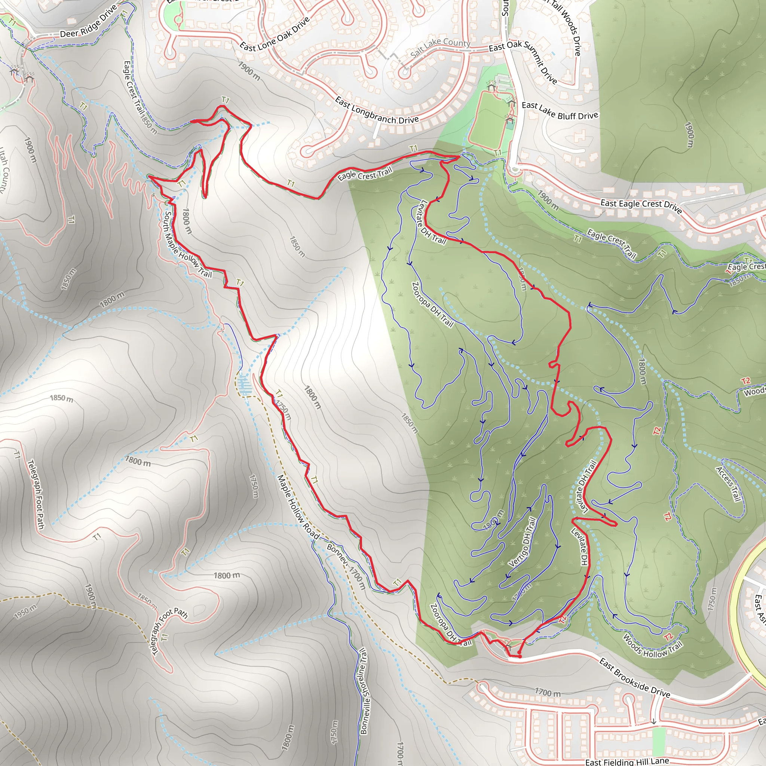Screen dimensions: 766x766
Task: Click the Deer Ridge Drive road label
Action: pyautogui.click(x=88, y=22)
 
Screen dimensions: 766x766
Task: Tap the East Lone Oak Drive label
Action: pyautogui.click(x=275, y=35)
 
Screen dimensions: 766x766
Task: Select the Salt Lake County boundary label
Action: pyautogui.click(x=440, y=47)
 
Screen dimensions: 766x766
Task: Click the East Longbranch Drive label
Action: pyautogui.click(x=376, y=111)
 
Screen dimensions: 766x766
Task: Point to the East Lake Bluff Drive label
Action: pyautogui.click(x=560, y=111)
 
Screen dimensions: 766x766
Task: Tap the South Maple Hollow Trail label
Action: pyautogui.click(x=187, y=245)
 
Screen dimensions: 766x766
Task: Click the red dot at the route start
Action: pyautogui.click(x=520, y=656)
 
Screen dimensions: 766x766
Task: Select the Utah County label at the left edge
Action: pyautogui.click(x=4, y=171)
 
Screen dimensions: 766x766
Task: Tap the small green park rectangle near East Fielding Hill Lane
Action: pyautogui.click(x=659, y=741)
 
